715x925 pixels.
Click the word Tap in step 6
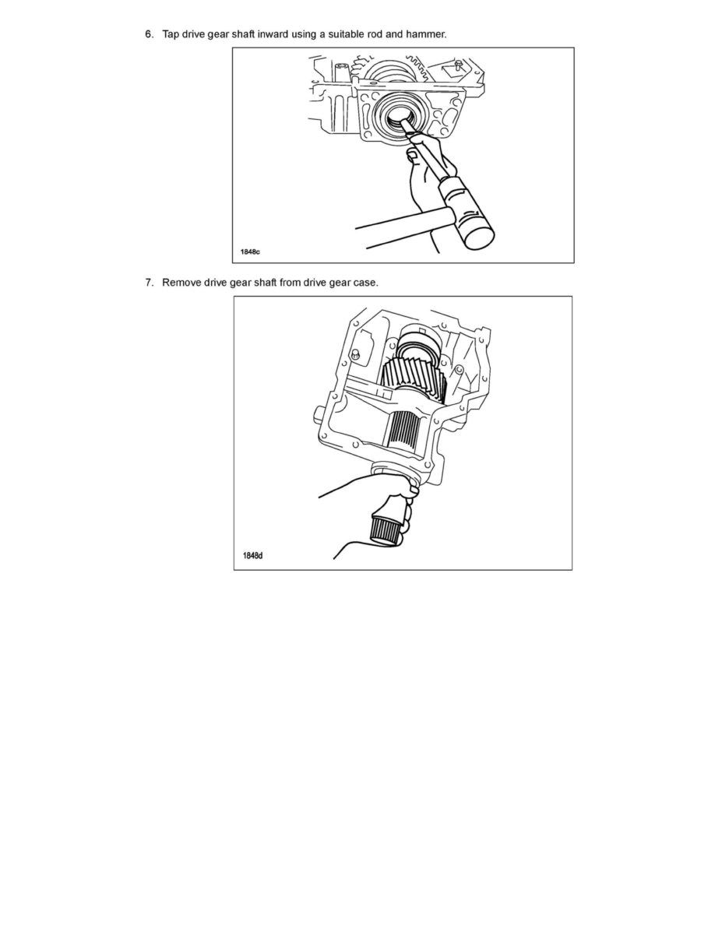point(171,34)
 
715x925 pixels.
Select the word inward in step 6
point(272,34)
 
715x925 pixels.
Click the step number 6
point(148,34)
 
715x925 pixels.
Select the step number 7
point(148,282)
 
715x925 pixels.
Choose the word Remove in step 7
point(181,282)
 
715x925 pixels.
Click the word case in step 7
point(365,282)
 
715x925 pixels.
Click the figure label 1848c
point(252,251)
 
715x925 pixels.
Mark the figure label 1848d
point(252,556)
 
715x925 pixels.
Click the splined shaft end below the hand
point(385,529)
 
